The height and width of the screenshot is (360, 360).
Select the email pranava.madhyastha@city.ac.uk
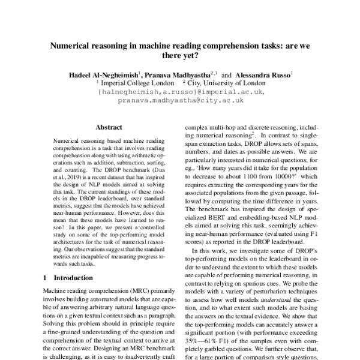180,101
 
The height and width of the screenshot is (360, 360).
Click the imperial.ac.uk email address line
180,93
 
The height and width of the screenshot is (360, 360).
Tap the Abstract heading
109,128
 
